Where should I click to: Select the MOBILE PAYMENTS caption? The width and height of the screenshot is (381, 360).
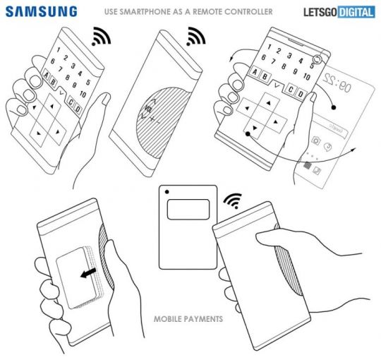(x=188, y=319)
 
